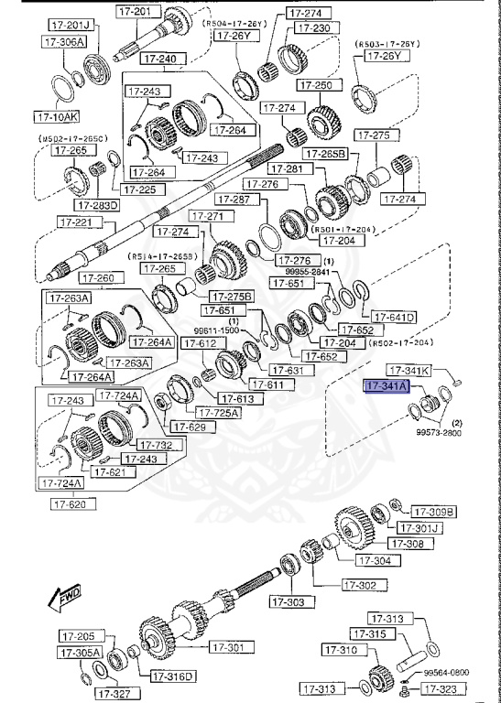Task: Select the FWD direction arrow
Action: point(62,600)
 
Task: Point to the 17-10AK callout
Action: point(57,117)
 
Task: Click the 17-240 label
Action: point(161,59)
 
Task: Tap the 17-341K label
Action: point(408,370)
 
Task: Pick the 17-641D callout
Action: point(395,318)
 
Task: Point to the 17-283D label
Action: point(99,205)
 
